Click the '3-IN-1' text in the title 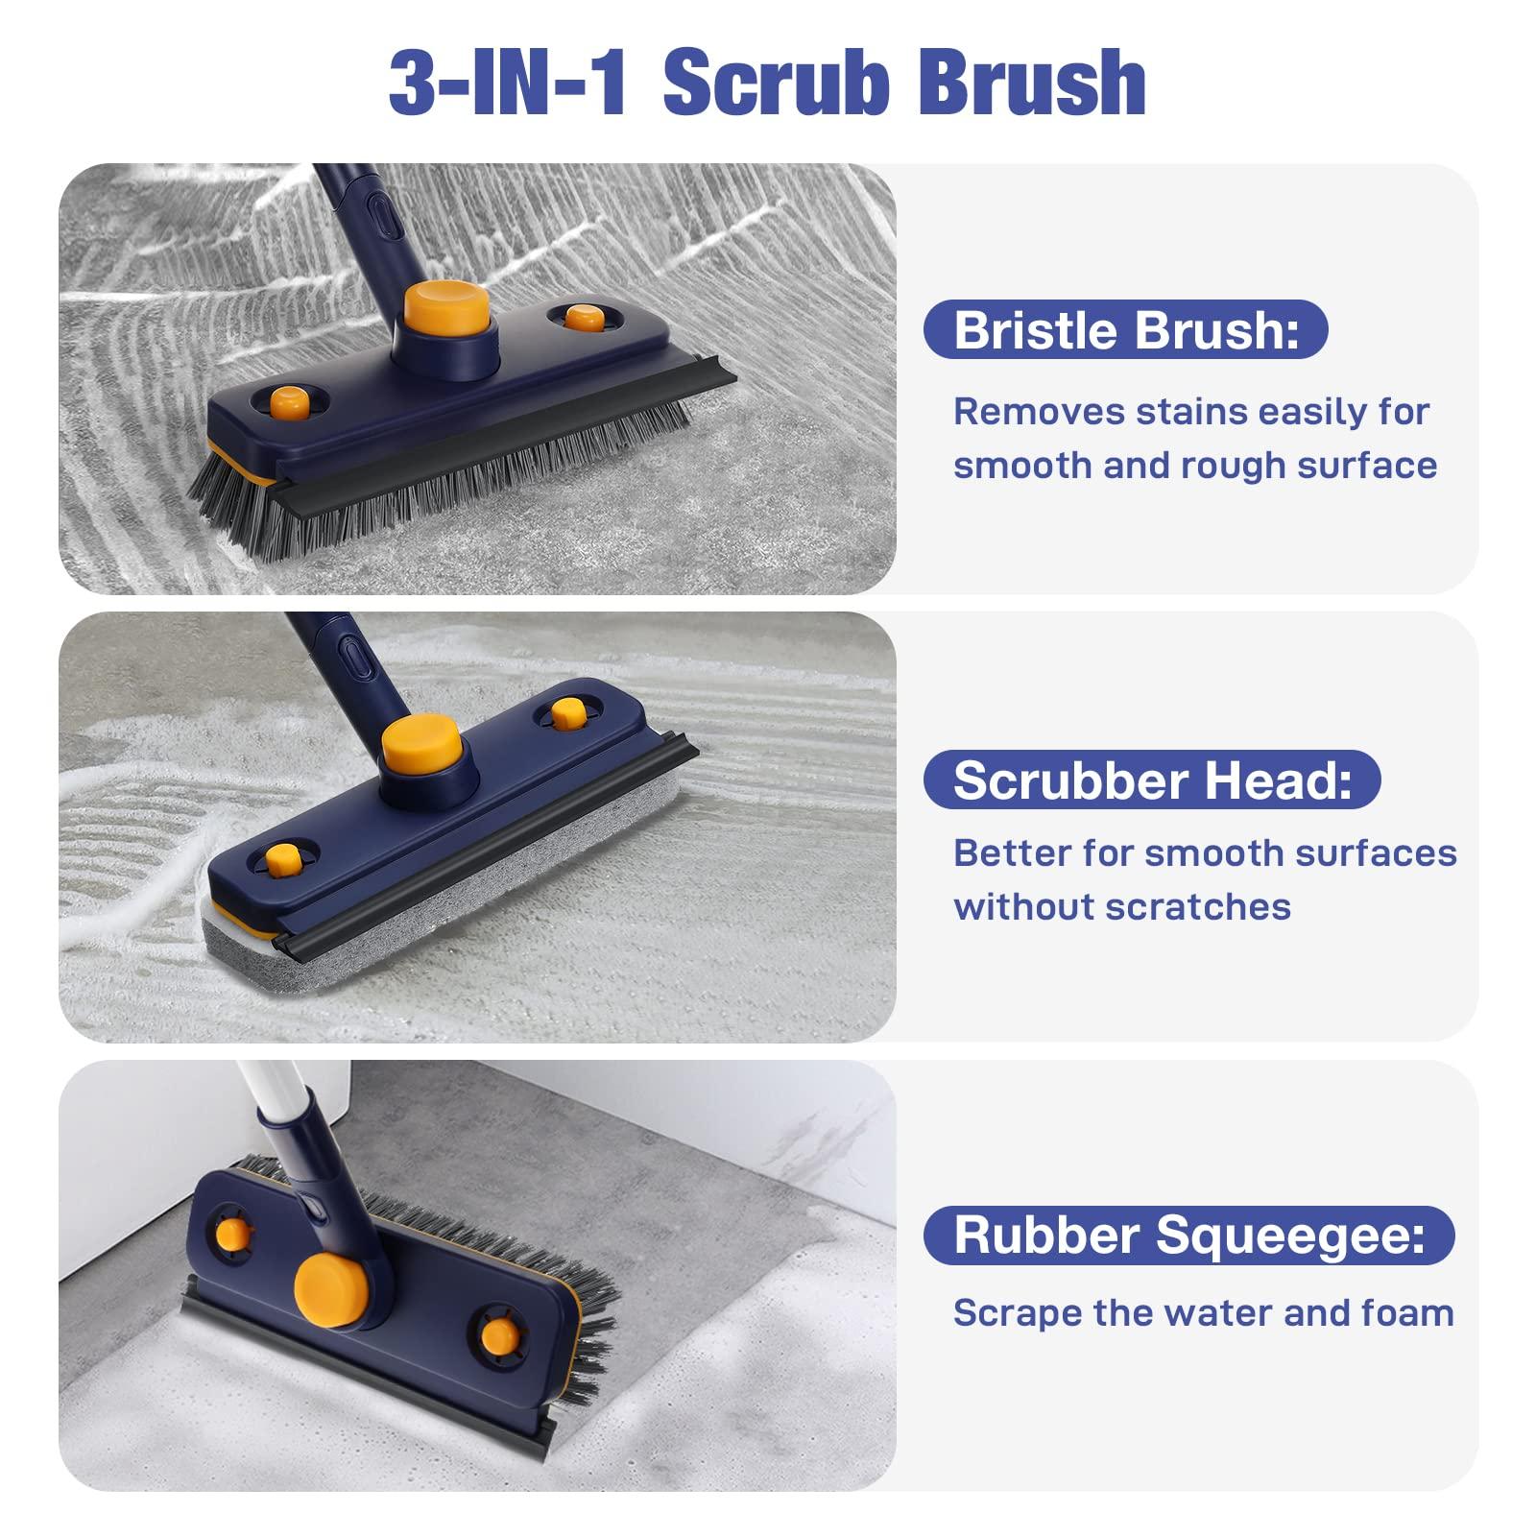tap(509, 84)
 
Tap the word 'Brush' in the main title tap(1031, 84)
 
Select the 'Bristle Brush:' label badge tap(1125, 330)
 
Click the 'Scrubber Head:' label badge tap(1152, 780)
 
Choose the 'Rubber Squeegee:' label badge tap(1188, 1236)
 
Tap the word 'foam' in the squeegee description tap(1407, 1313)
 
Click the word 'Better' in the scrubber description tap(1004, 853)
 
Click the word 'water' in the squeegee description tap(1218, 1313)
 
